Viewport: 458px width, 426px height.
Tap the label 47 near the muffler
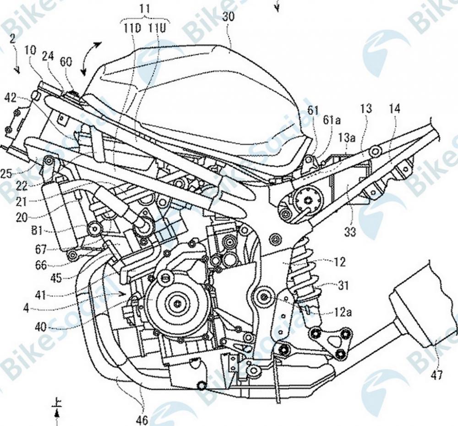click(x=436, y=375)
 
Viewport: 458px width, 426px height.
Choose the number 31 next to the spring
click(x=343, y=286)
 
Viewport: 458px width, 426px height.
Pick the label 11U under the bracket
click(x=157, y=27)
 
